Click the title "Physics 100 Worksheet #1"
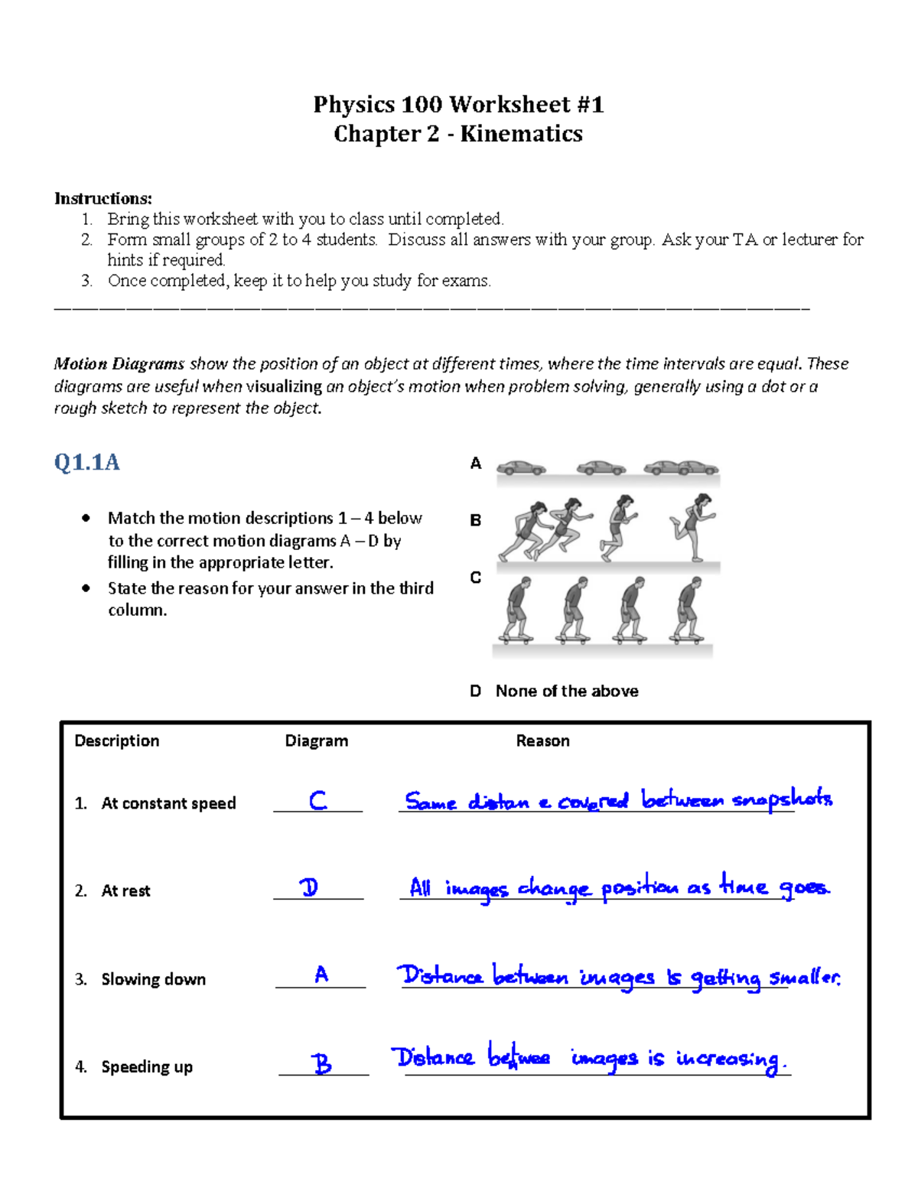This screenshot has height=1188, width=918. pos(458,104)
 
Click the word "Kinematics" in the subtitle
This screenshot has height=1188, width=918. pos(521,134)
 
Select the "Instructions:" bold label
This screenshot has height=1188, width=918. pos(103,199)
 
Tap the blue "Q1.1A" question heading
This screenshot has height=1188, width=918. pos(86,462)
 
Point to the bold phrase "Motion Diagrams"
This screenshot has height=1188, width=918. pos(119,364)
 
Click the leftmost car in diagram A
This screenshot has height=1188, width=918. pos(521,467)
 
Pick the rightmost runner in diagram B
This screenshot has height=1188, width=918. pos(693,526)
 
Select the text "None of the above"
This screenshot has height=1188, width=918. pos(567,692)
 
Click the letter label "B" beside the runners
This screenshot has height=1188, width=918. pos(475,520)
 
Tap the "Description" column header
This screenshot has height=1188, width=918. pos(117,740)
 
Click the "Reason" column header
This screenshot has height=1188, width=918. pos(542,740)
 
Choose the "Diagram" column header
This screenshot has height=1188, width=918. pos(316,740)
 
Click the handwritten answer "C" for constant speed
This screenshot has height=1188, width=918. pos(317,800)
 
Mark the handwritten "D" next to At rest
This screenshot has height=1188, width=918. pos(309,887)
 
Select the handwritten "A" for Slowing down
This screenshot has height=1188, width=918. pos(321,974)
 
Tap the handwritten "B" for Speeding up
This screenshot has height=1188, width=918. pos(322,1063)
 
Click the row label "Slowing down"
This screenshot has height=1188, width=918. pos(153,979)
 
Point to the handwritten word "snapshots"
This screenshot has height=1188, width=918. pos(782,800)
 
